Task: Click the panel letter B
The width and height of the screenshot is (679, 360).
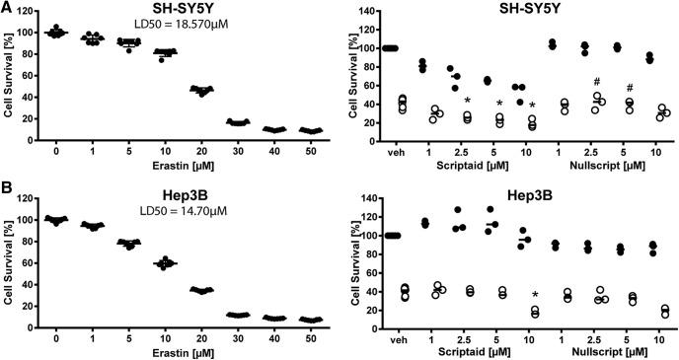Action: click(8, 192)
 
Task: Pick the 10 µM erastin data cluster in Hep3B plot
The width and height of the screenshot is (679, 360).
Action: click(142, 263)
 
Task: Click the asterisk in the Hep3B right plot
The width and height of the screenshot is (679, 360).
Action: click(535, 295)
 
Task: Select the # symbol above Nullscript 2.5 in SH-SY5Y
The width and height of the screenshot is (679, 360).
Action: click(597, 82)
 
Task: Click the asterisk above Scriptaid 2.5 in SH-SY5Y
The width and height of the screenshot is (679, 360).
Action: click(467, 100)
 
